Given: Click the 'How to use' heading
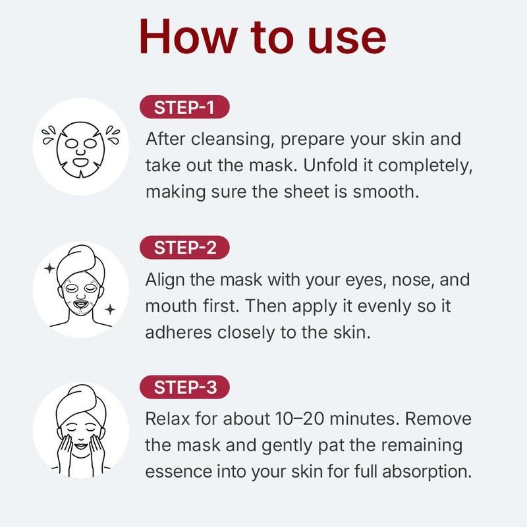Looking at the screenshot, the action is pyautogui.click(x=262, y=36).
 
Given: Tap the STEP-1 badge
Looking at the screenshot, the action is pyautogui.click(x=184, y=107).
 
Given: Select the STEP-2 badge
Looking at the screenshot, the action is pyautogui.click(x=184, y=248).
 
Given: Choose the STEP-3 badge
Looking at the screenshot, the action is pyautogui.click(x=184, y=387).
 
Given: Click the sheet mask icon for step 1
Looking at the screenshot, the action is pyautogui.click(x=80, y=150).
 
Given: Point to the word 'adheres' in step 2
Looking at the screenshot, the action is pyautogui.click(x=179, y=332).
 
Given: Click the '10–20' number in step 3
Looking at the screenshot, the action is pyautogui.click(x=300, y=419).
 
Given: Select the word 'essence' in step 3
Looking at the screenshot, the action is pyautogui.click(x=179, y=471).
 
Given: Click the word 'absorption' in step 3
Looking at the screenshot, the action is pyautogui.click(x=427, y=472).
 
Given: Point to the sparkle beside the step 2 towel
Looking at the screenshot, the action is pyautogui.click(x=50, y=268).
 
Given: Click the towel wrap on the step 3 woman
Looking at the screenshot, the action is pyautogui.click(x=81, y=405).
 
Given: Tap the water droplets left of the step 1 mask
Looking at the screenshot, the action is pyautogui.click(x=49, y=134).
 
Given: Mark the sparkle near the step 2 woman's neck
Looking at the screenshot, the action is pyautogui.click(x=110, y=309).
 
